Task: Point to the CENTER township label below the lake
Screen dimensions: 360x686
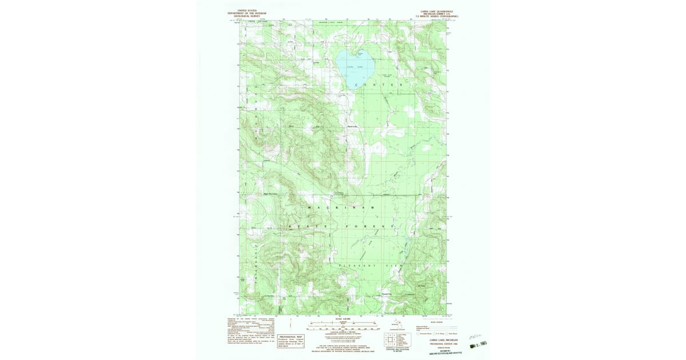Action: (375, 85)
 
